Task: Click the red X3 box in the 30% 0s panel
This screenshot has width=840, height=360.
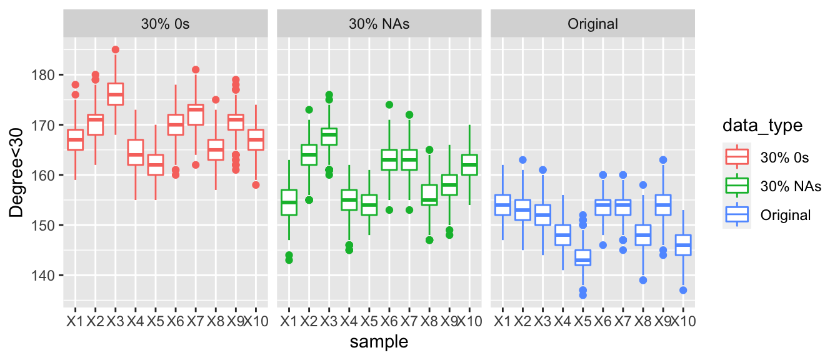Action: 116,94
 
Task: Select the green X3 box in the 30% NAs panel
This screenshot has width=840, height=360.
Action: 329,136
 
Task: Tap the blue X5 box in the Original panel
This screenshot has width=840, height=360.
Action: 583,257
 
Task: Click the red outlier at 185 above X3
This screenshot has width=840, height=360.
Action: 116,49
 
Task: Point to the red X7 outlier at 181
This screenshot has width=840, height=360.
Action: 196,69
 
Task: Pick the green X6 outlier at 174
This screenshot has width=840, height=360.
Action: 389,105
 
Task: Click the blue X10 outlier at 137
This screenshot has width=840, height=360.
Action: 683,290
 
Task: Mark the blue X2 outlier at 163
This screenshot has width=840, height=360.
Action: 523,160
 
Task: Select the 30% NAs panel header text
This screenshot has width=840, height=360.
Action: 379,24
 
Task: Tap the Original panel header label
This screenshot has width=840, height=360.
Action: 592,24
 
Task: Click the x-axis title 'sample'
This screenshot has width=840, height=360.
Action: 379,341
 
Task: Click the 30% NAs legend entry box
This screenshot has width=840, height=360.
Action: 736,186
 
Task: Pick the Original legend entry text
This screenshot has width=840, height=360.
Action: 786,215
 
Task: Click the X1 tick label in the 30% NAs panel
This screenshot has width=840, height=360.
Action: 289,322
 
